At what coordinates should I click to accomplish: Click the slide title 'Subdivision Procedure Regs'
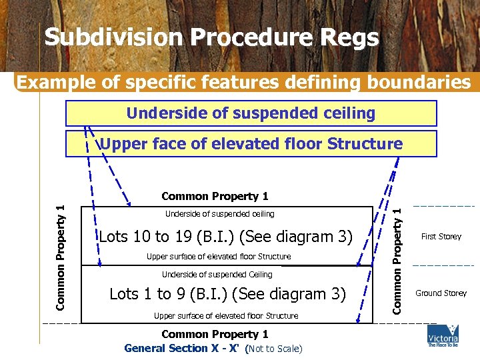click(211, 38)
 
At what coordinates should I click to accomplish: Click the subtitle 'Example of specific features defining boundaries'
click(243, 82)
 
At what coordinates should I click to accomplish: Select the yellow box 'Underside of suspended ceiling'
click(251, 113)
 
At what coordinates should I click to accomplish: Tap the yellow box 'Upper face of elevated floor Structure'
click(251, 144)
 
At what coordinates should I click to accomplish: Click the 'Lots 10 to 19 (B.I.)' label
click(225, 237)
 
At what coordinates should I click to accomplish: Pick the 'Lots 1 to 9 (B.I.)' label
click(227, 293)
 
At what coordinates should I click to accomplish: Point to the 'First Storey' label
click(441, 237)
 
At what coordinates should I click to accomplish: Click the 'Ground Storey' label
click(441, 293)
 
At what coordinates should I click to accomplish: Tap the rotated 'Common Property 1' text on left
click(60, 257)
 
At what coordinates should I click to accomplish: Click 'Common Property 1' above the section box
click(215, 197)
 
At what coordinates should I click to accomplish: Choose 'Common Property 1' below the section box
click(215, 334)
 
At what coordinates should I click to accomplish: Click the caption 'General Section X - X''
click(184, 348)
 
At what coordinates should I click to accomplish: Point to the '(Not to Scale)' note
click(274, 349)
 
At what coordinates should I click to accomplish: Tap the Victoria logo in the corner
click(443, 337)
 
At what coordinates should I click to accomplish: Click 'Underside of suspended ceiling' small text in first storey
click(220, 214)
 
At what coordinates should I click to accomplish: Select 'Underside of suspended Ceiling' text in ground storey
click(217, 275)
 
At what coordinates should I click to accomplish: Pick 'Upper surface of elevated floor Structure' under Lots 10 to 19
click(219, 257)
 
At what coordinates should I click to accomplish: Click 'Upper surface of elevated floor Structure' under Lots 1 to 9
click(226, 316)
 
